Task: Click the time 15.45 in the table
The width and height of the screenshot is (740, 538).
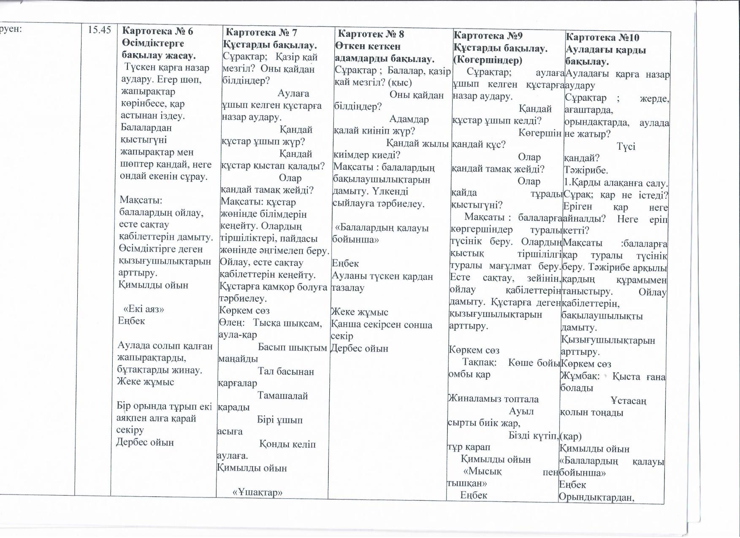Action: tap(99, 30)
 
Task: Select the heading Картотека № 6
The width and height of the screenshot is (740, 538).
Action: tap(157, 31)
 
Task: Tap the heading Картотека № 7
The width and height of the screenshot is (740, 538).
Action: tap(261, 32)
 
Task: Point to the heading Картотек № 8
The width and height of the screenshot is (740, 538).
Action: tap(371, 34)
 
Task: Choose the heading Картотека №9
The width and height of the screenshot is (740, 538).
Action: tap(488, 36)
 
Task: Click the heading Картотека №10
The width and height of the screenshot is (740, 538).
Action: tap(602, 38)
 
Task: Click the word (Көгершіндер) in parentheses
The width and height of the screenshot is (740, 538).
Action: tap(488, 60)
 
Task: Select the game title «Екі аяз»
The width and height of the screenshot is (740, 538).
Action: tap(144, 309)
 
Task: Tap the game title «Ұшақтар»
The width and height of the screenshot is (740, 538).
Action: tap(257, 492)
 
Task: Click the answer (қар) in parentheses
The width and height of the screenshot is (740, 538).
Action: tap(570, 436)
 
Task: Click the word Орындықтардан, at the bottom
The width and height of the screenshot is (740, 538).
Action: tap(596, 497)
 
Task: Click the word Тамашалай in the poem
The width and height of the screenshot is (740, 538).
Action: tap(282, 396)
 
